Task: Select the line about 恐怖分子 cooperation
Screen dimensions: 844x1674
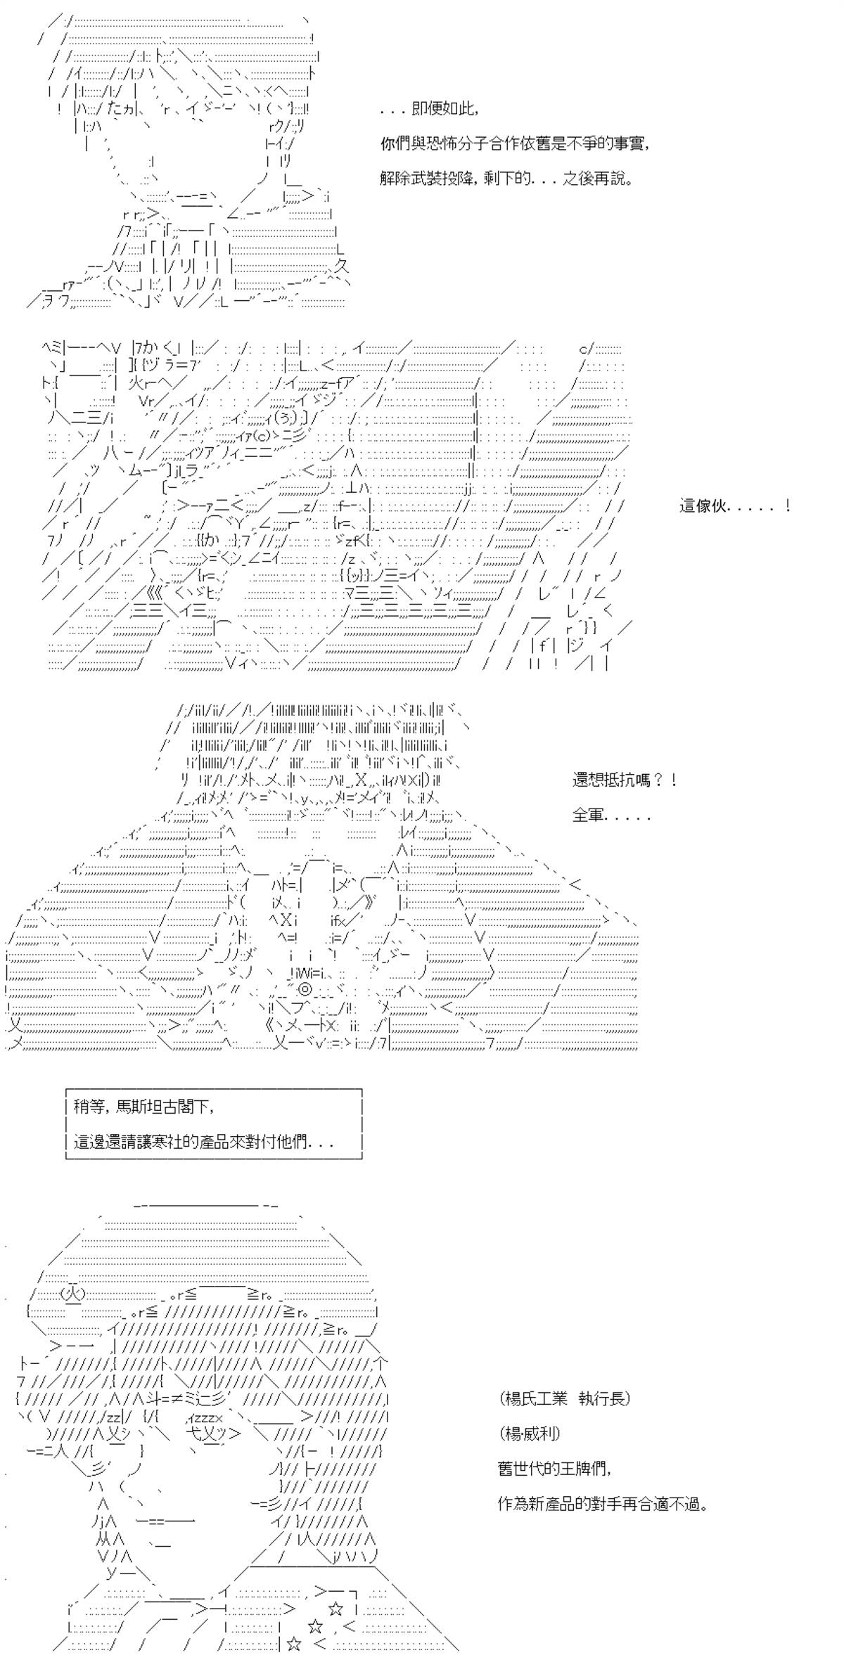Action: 514,143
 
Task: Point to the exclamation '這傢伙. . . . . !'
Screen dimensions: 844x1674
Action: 735,506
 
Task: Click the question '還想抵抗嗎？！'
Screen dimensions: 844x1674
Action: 625,780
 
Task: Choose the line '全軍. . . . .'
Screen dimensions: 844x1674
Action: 611,816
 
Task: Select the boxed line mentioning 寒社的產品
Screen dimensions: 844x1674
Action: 203,1142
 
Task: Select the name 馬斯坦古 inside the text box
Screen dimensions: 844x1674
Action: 143,1106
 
